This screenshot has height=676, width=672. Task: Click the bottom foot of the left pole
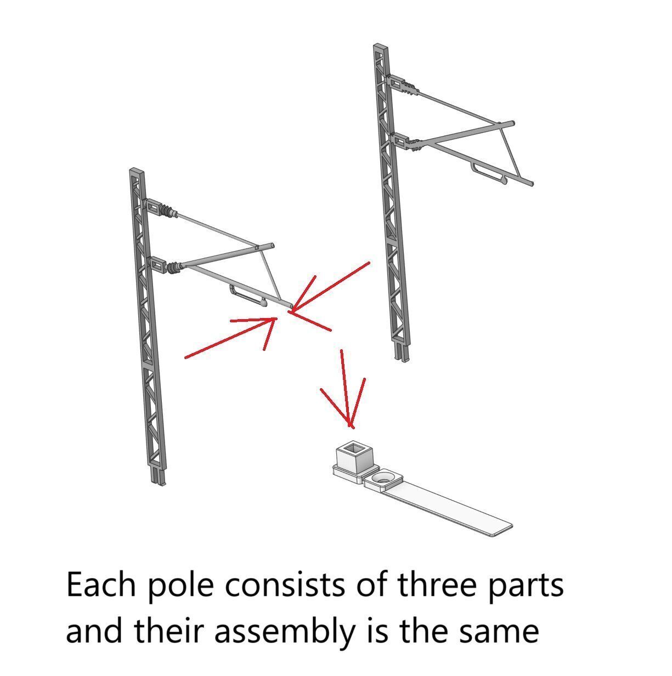coord(159,475)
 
